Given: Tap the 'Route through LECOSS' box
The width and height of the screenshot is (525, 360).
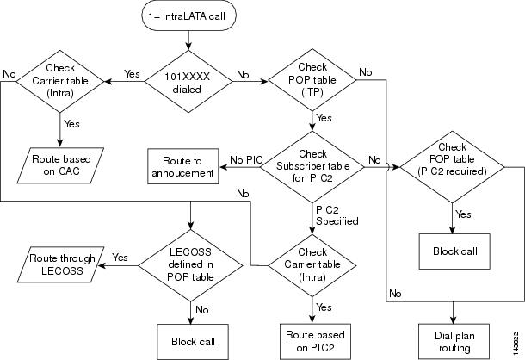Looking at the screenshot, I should [58, 264].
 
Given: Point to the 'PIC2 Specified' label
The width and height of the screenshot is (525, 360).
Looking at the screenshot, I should [330, 214].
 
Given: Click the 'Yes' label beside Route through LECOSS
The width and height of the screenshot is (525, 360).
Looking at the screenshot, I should [120, 257].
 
